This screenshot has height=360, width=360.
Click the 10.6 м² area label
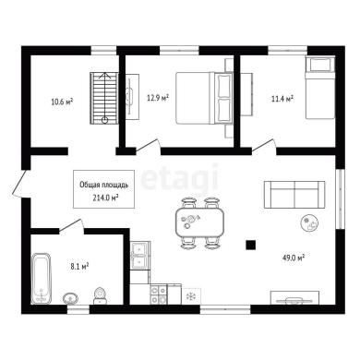click(62, 102)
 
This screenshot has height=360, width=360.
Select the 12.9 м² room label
click(158, 98)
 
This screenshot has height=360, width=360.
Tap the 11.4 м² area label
click(282, 99)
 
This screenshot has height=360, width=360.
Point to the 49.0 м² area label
click(294, 258)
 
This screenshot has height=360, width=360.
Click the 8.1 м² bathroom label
click(79, 266)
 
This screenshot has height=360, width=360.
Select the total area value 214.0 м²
click(106, 198)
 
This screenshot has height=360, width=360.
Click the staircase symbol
click(104, 98)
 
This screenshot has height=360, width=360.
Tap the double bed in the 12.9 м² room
click(204, 98)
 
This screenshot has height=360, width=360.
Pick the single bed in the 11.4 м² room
click(319, 88)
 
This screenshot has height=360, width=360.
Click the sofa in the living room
click(294, 195)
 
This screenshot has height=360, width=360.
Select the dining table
click(199, 222)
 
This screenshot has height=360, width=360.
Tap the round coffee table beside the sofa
click(309, 222)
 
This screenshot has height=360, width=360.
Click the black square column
click(251, 245)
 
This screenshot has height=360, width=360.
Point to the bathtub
click(42, 279)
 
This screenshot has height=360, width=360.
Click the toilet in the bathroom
click(100, 296)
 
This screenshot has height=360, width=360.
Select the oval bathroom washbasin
click(70, 298)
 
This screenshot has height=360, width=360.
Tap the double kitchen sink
click(139, 256)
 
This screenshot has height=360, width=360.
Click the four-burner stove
click(159, 294)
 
